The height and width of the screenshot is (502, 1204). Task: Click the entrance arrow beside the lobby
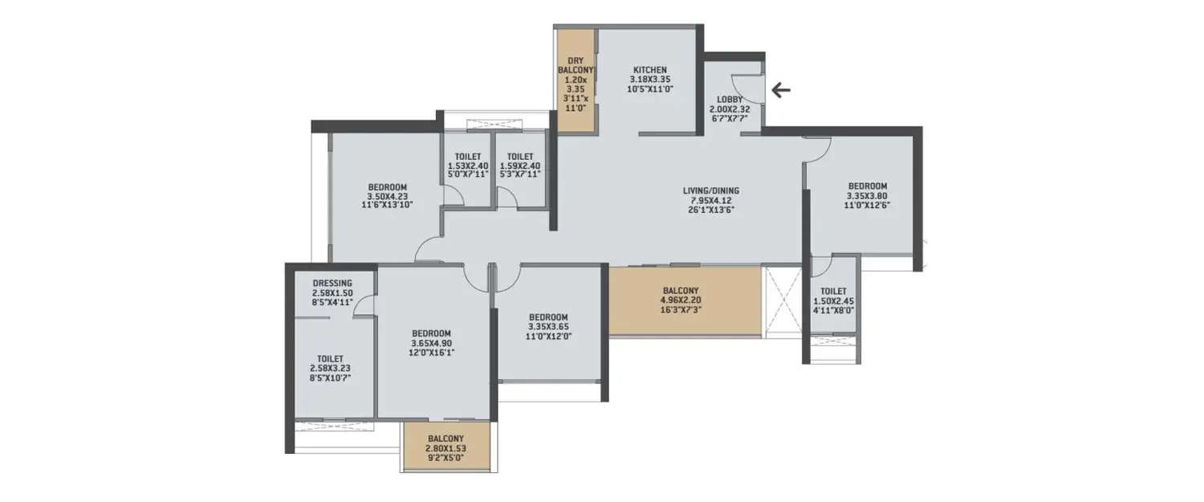(780, 89)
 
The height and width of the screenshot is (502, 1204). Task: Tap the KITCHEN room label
(649, 70)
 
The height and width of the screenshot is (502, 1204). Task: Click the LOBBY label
(730, 100)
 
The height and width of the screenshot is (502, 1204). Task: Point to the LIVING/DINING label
(710, 190)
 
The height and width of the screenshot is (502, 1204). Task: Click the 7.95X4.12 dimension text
(710, 200)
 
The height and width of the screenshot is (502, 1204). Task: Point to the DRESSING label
(332, 283)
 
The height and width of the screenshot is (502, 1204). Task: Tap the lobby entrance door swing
(751, 88)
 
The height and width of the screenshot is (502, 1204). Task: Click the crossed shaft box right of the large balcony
(782, 300)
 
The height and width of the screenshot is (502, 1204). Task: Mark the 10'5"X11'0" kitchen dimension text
(649, 89)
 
